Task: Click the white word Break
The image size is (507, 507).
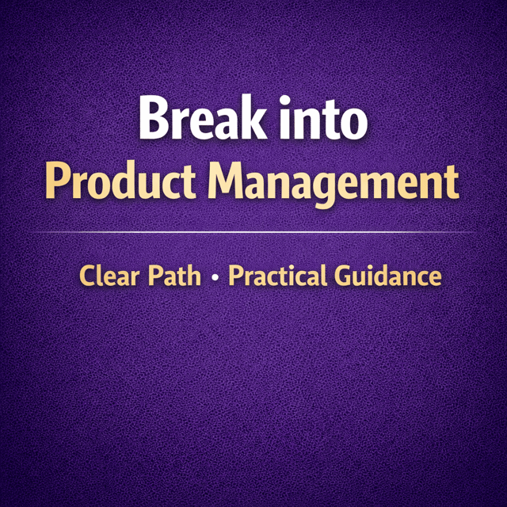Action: pyautogui.click(x=204, y=117)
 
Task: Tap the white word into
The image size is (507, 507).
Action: pyautogui.click(x=324, y=118)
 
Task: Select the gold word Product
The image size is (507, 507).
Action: pyautogui.click(x=120, y=180)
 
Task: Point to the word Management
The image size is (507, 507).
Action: pyautogui.click(x=334, y=185)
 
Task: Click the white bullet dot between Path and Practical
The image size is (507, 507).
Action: pyautogui.click(x=215, y=277)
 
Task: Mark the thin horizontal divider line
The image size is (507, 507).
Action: pyautogui.click(x=253, y=232)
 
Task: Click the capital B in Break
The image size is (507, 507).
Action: pyautogui.click(x=154, y=118)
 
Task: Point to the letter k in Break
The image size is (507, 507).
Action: pyautogui.click(x=253, y=117)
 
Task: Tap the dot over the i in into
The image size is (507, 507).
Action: pyautogui.click(x=285, y=101)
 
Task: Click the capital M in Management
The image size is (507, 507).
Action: pyautogui.click(x=225, y=180)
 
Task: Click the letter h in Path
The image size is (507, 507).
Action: pyautogui.click(x=193, y=275)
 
